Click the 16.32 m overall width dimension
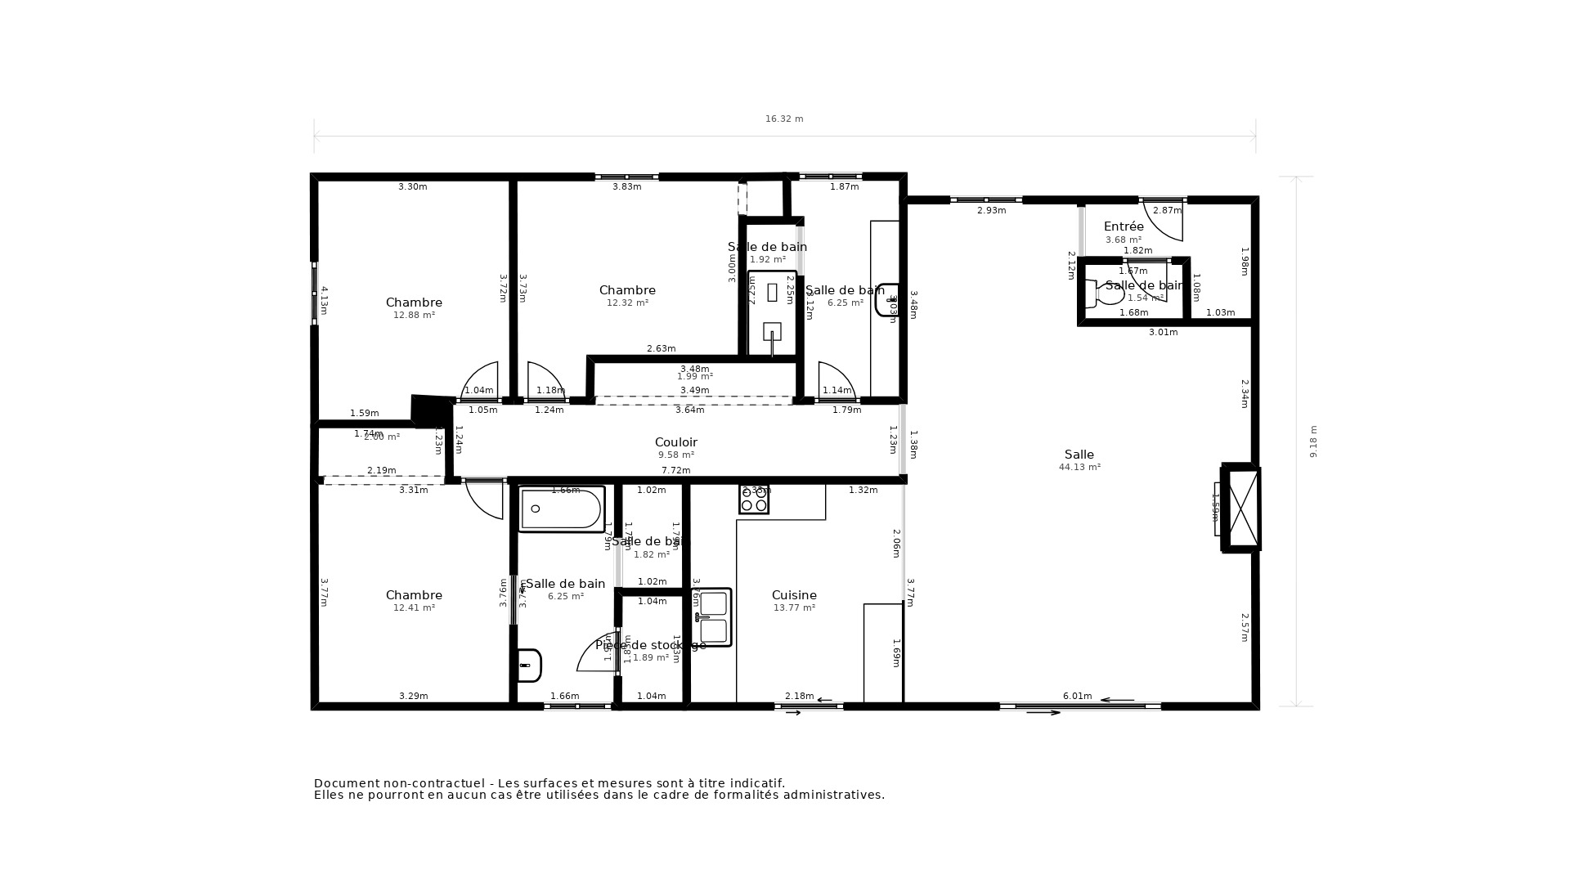click(783, 119)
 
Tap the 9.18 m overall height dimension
click(1313, 441)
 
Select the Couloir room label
click(675, 442)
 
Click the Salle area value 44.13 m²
click(1079, 468)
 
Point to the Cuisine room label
click(794, 595)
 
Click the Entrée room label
click(1124, 226)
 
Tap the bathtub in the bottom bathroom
click(561, 509)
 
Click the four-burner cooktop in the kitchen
click(753, 499)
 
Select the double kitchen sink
click(713, 616)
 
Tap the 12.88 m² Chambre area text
click(414, 316)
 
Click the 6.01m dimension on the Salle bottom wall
click(1077, 697)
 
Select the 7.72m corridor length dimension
click(675, 470)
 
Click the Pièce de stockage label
click(650, 645)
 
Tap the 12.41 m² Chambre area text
click(414, 608)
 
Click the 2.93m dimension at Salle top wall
click(991, 211)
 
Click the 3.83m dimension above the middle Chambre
click(626, 187)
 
